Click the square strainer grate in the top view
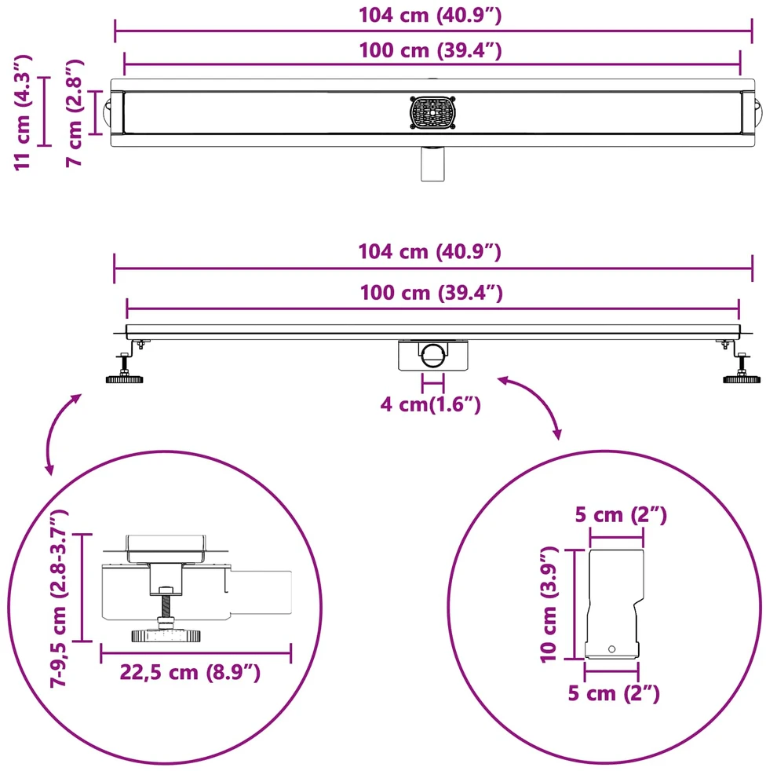coord(432,112)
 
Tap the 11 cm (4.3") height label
coord(23,112)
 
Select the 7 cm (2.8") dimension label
coord(75,113)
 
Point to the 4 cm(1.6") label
coord(430,404)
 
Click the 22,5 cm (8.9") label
coord(190,671)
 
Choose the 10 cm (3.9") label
coord(549,605)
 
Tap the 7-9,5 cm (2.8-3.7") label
coord(59,598)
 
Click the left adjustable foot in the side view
coord(125,367)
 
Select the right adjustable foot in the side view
coord(742,367)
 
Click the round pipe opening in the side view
coord(433,355)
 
